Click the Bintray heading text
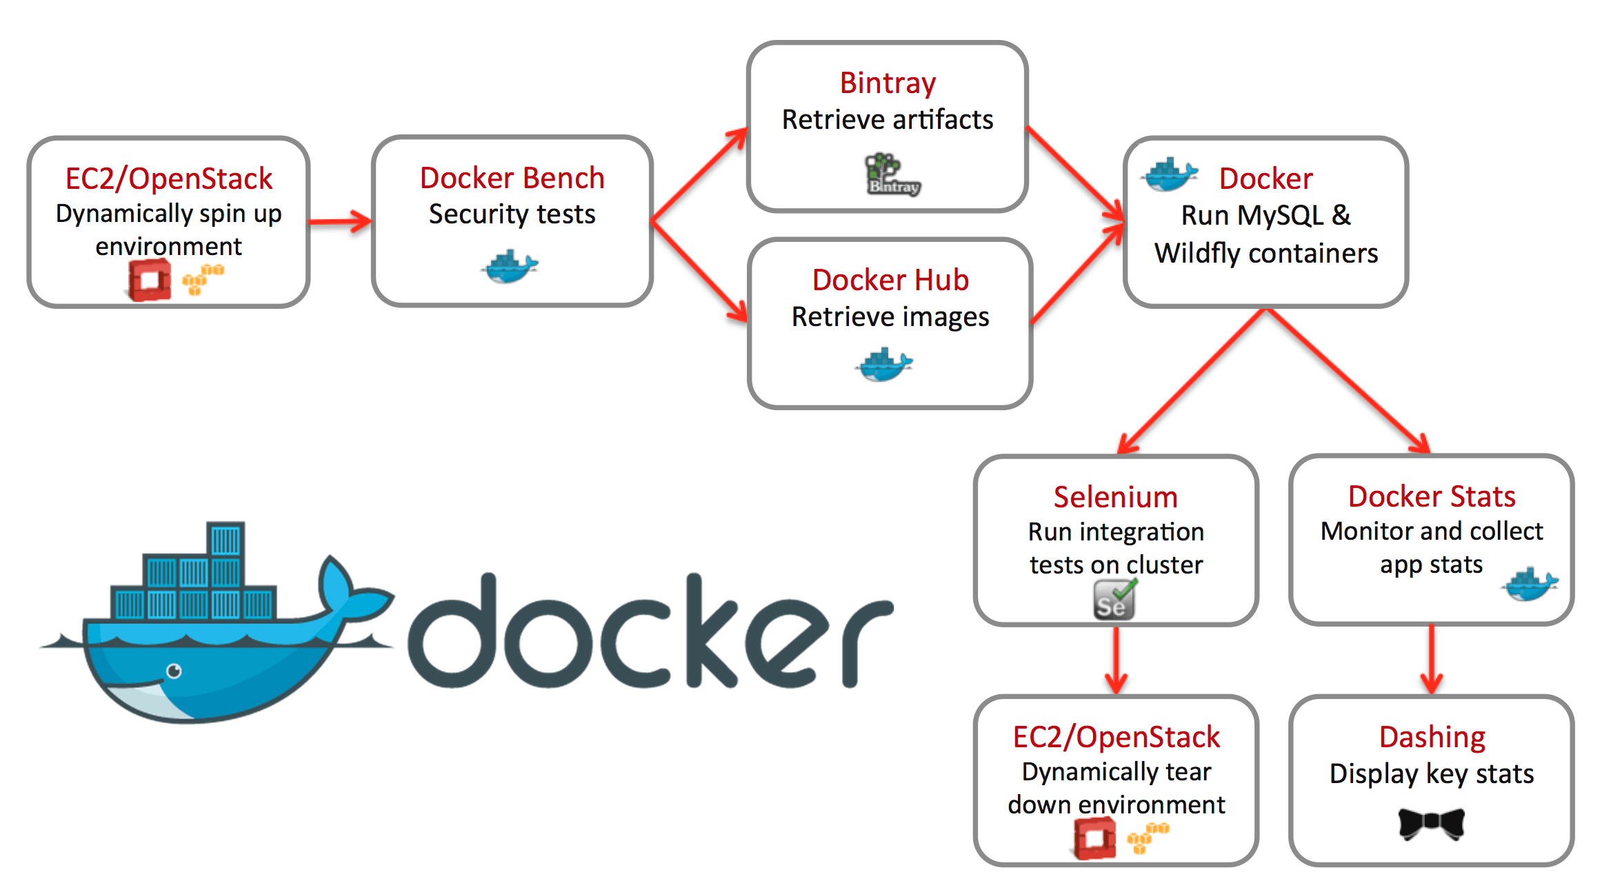887,83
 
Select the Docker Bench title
512,179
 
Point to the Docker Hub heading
890,281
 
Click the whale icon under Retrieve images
884,365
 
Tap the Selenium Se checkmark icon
1114,600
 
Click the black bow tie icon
1431,823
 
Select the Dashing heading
1432,738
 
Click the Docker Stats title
1431,497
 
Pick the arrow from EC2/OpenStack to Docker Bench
339,221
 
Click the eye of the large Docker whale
174,671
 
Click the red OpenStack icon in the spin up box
149,280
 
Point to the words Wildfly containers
1265,254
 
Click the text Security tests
512,214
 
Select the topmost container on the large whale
226,539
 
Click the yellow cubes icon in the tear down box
1148,838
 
